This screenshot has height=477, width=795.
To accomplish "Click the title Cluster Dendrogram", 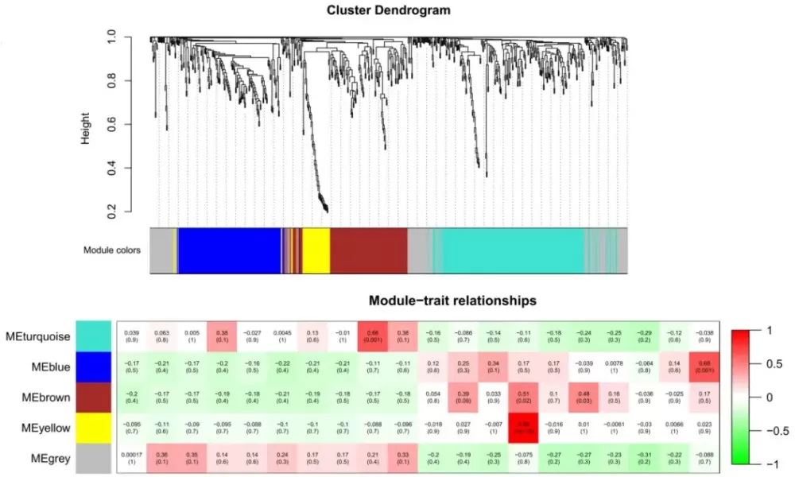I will (389, 10).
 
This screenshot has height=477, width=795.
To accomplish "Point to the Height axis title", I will (85, 127).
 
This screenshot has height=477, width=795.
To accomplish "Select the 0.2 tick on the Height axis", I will (112, 212).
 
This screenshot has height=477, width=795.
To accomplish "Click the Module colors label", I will (112, 250).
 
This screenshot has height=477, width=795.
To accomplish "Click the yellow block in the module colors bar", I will (316, 250).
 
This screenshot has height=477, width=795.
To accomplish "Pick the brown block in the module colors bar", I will (367, 250).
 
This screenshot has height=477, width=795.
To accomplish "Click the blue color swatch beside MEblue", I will (94, 366).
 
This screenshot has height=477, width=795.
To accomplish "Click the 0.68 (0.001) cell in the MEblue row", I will (704, 366).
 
